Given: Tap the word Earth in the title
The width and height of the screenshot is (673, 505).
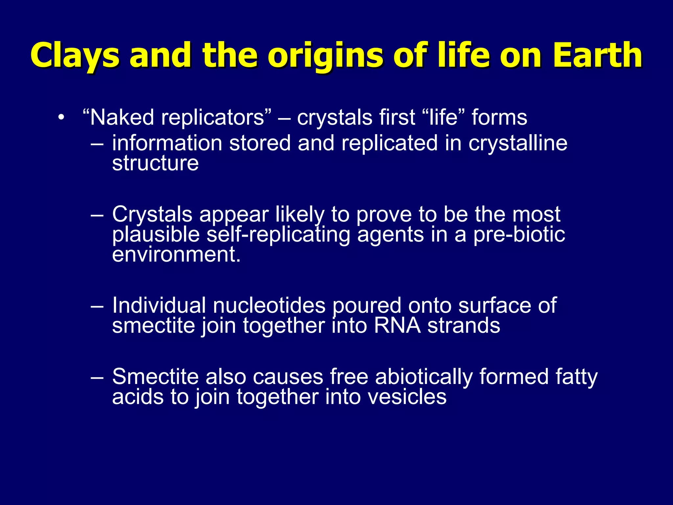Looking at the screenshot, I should click(597, 55).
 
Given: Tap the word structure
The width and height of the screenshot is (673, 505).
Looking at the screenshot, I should click(155, 163).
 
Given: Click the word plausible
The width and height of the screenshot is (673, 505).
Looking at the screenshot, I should click(156, 235).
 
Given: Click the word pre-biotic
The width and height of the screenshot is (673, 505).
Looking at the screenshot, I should click(519, 234).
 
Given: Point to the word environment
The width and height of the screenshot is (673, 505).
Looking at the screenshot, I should click(176, 255).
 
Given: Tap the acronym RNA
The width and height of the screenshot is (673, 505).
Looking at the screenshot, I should click(397, 326).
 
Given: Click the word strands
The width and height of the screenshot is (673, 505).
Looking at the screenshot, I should click(464, 326).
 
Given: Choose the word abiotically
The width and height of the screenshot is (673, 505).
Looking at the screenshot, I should click(424, 377).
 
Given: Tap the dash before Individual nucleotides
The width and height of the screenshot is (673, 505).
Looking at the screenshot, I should click(97, 306).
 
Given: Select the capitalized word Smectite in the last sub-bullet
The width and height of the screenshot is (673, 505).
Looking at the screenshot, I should click(155, 377).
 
